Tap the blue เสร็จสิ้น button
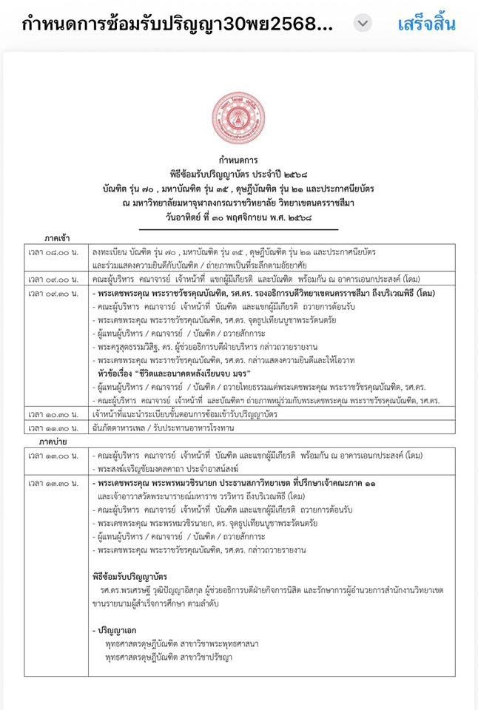(x=426, y=24)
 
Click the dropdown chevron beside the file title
(x=362, y=24)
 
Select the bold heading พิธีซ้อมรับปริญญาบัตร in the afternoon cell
(x=129, y=575)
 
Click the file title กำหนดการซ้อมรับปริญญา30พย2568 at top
(x=178, y=24)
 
